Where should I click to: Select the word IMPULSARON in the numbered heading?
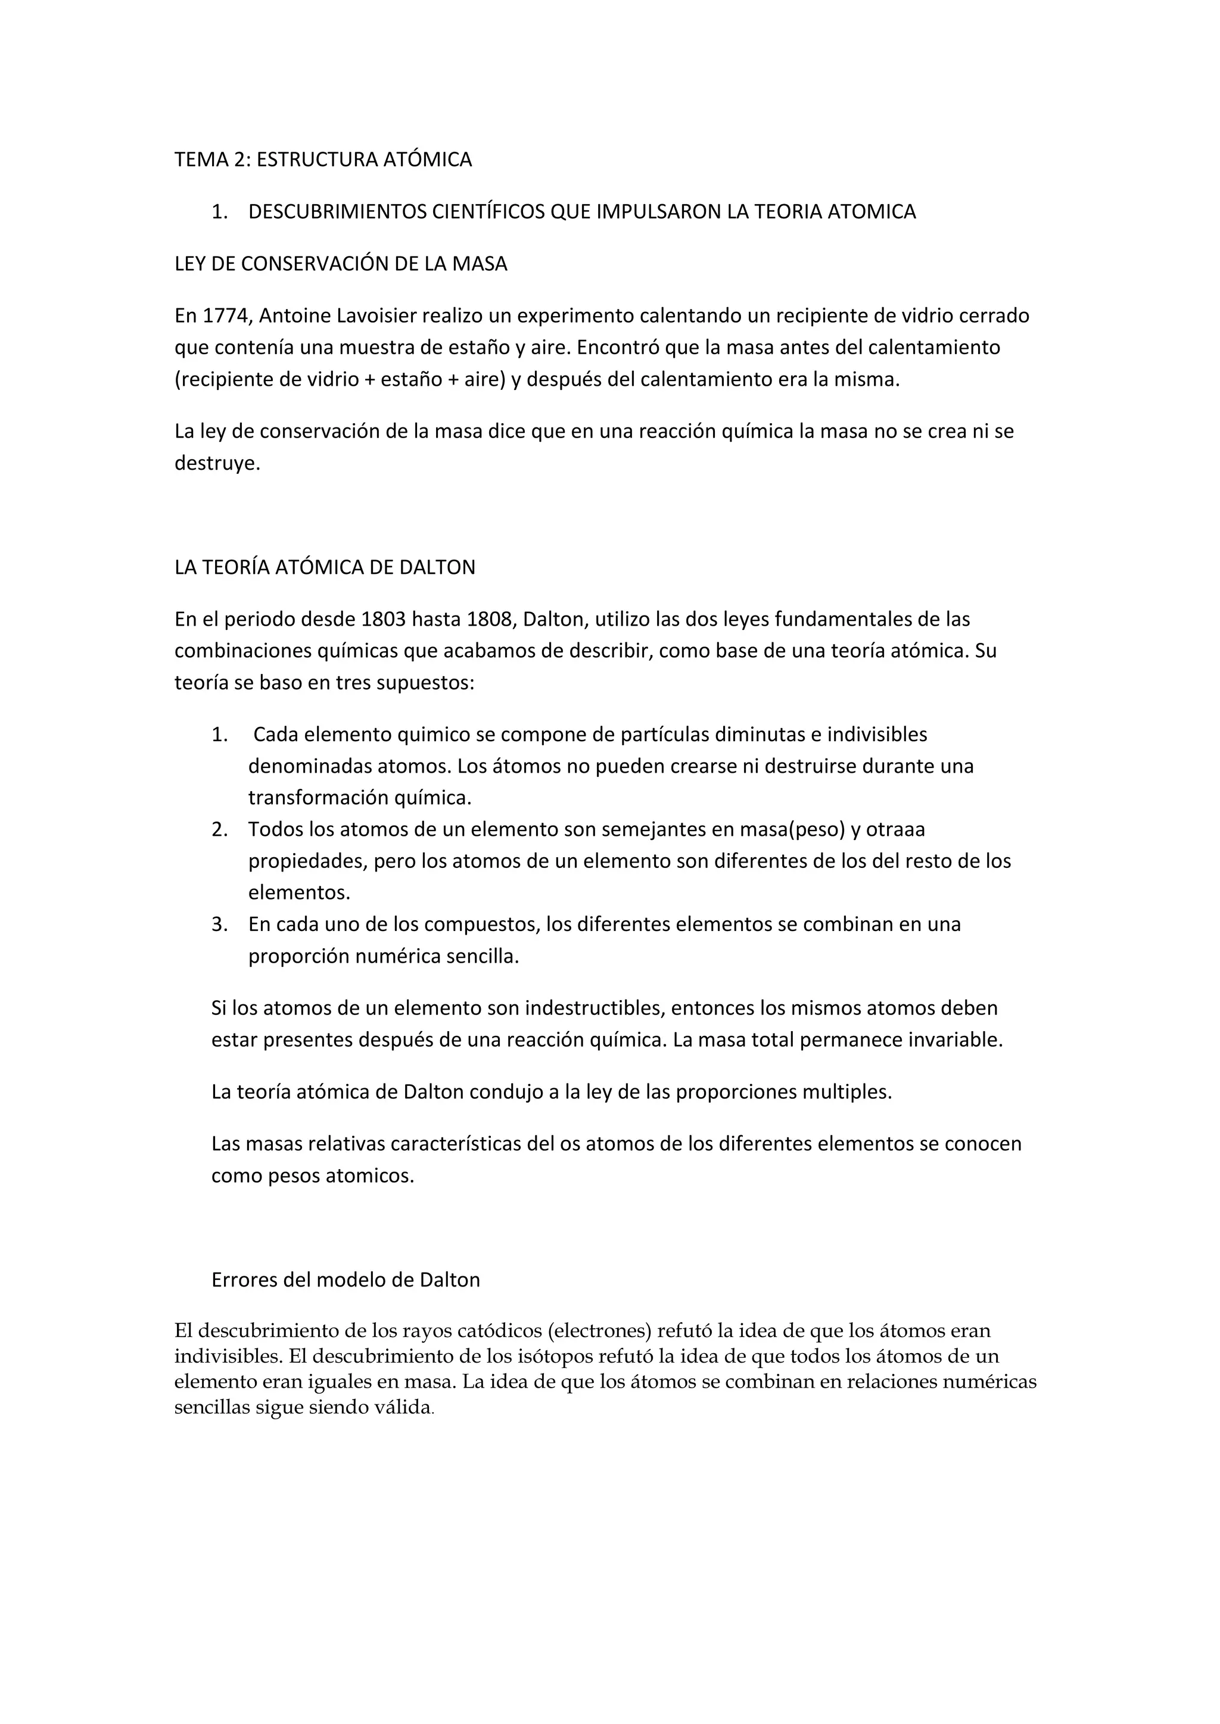pos(659,212)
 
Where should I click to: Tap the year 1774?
pos(226,316)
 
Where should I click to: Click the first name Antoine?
pos(294,316)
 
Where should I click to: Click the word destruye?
pos(216,463)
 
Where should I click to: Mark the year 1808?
pos(489,620)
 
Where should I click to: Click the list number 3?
pos(219,925)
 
